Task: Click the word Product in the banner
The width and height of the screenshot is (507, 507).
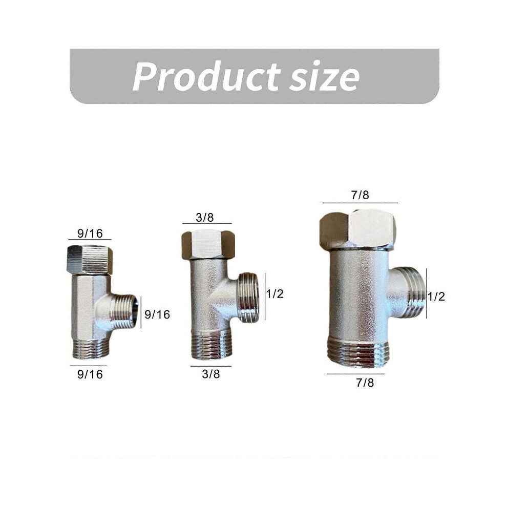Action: (x=206, y=76)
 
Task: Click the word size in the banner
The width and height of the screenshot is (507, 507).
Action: (x=324, y=77)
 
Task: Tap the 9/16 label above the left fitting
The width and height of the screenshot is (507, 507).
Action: (x=90, y=233)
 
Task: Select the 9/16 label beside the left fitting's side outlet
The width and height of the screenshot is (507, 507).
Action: (x=157, y=314)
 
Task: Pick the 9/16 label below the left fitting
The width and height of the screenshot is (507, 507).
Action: (x=90, y=374)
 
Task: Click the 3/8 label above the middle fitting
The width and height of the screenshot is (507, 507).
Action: (x=205, y=218)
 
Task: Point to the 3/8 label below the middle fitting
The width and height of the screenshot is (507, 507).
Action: (x=211, y=374)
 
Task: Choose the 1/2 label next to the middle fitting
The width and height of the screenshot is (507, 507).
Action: (x=275, y=293)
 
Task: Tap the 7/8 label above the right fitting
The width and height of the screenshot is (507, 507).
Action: (x=360, y=195)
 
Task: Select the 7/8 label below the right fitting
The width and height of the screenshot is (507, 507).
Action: (x=365, y=383)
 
